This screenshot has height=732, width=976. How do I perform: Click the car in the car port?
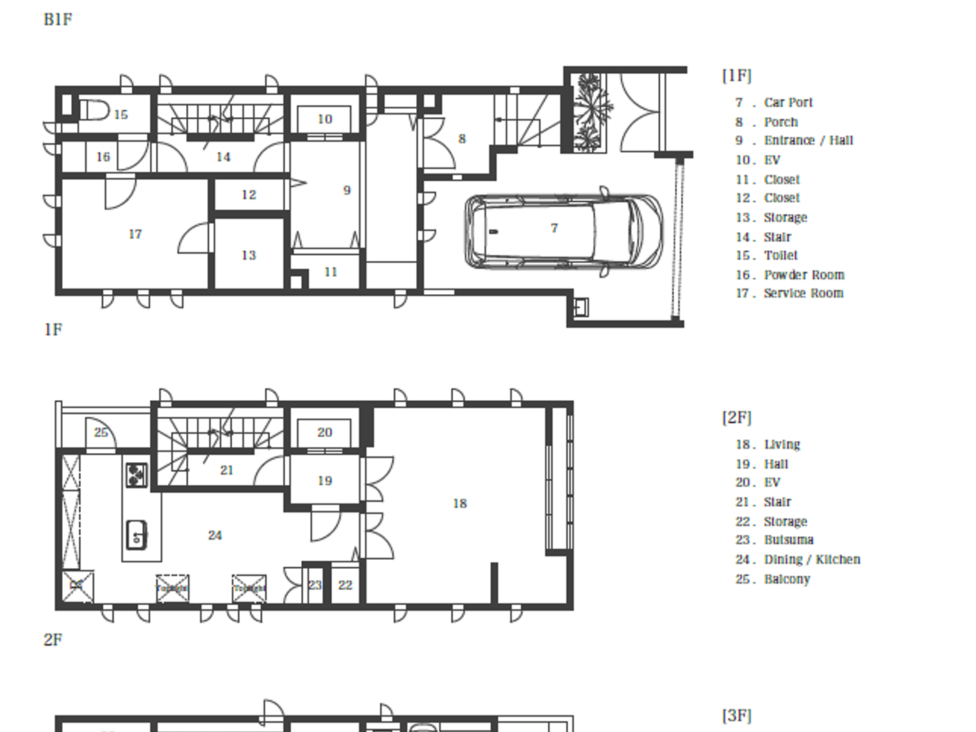(x=563, y=231)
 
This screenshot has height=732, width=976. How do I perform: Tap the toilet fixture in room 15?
(x=94, y=111)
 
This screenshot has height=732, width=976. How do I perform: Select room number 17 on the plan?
(x=135, y=234)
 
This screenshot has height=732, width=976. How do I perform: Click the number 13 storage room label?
(x=249, y=255)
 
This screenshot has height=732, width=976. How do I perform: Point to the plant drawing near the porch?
(x=590, y=112)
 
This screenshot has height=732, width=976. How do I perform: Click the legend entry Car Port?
(x=788, y=102)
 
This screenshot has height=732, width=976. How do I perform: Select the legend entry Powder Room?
(x=803, y=275)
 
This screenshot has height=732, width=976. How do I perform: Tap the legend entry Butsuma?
(x=788, y=540)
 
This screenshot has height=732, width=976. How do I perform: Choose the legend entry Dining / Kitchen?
(x=811, y=559)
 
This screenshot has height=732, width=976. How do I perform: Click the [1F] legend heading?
(x=737, y=75)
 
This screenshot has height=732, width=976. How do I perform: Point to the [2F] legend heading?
(x=737, y=418)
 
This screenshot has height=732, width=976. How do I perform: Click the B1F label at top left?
(x=58, y=20)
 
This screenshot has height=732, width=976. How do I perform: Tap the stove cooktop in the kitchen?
(x=137, y=475)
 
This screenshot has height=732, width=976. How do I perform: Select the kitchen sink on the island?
(x=137, y=535)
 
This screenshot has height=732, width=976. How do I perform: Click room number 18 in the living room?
(x=459, y=503)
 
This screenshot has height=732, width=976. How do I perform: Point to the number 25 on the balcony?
(x=101, y=432)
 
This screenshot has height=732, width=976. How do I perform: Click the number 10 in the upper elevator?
(x=325, y=119)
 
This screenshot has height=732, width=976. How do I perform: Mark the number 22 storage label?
(x=345, y=585)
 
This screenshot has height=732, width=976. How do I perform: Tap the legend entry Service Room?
(x=803, y=293)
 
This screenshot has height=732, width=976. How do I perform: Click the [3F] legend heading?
(x=737, y=716)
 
